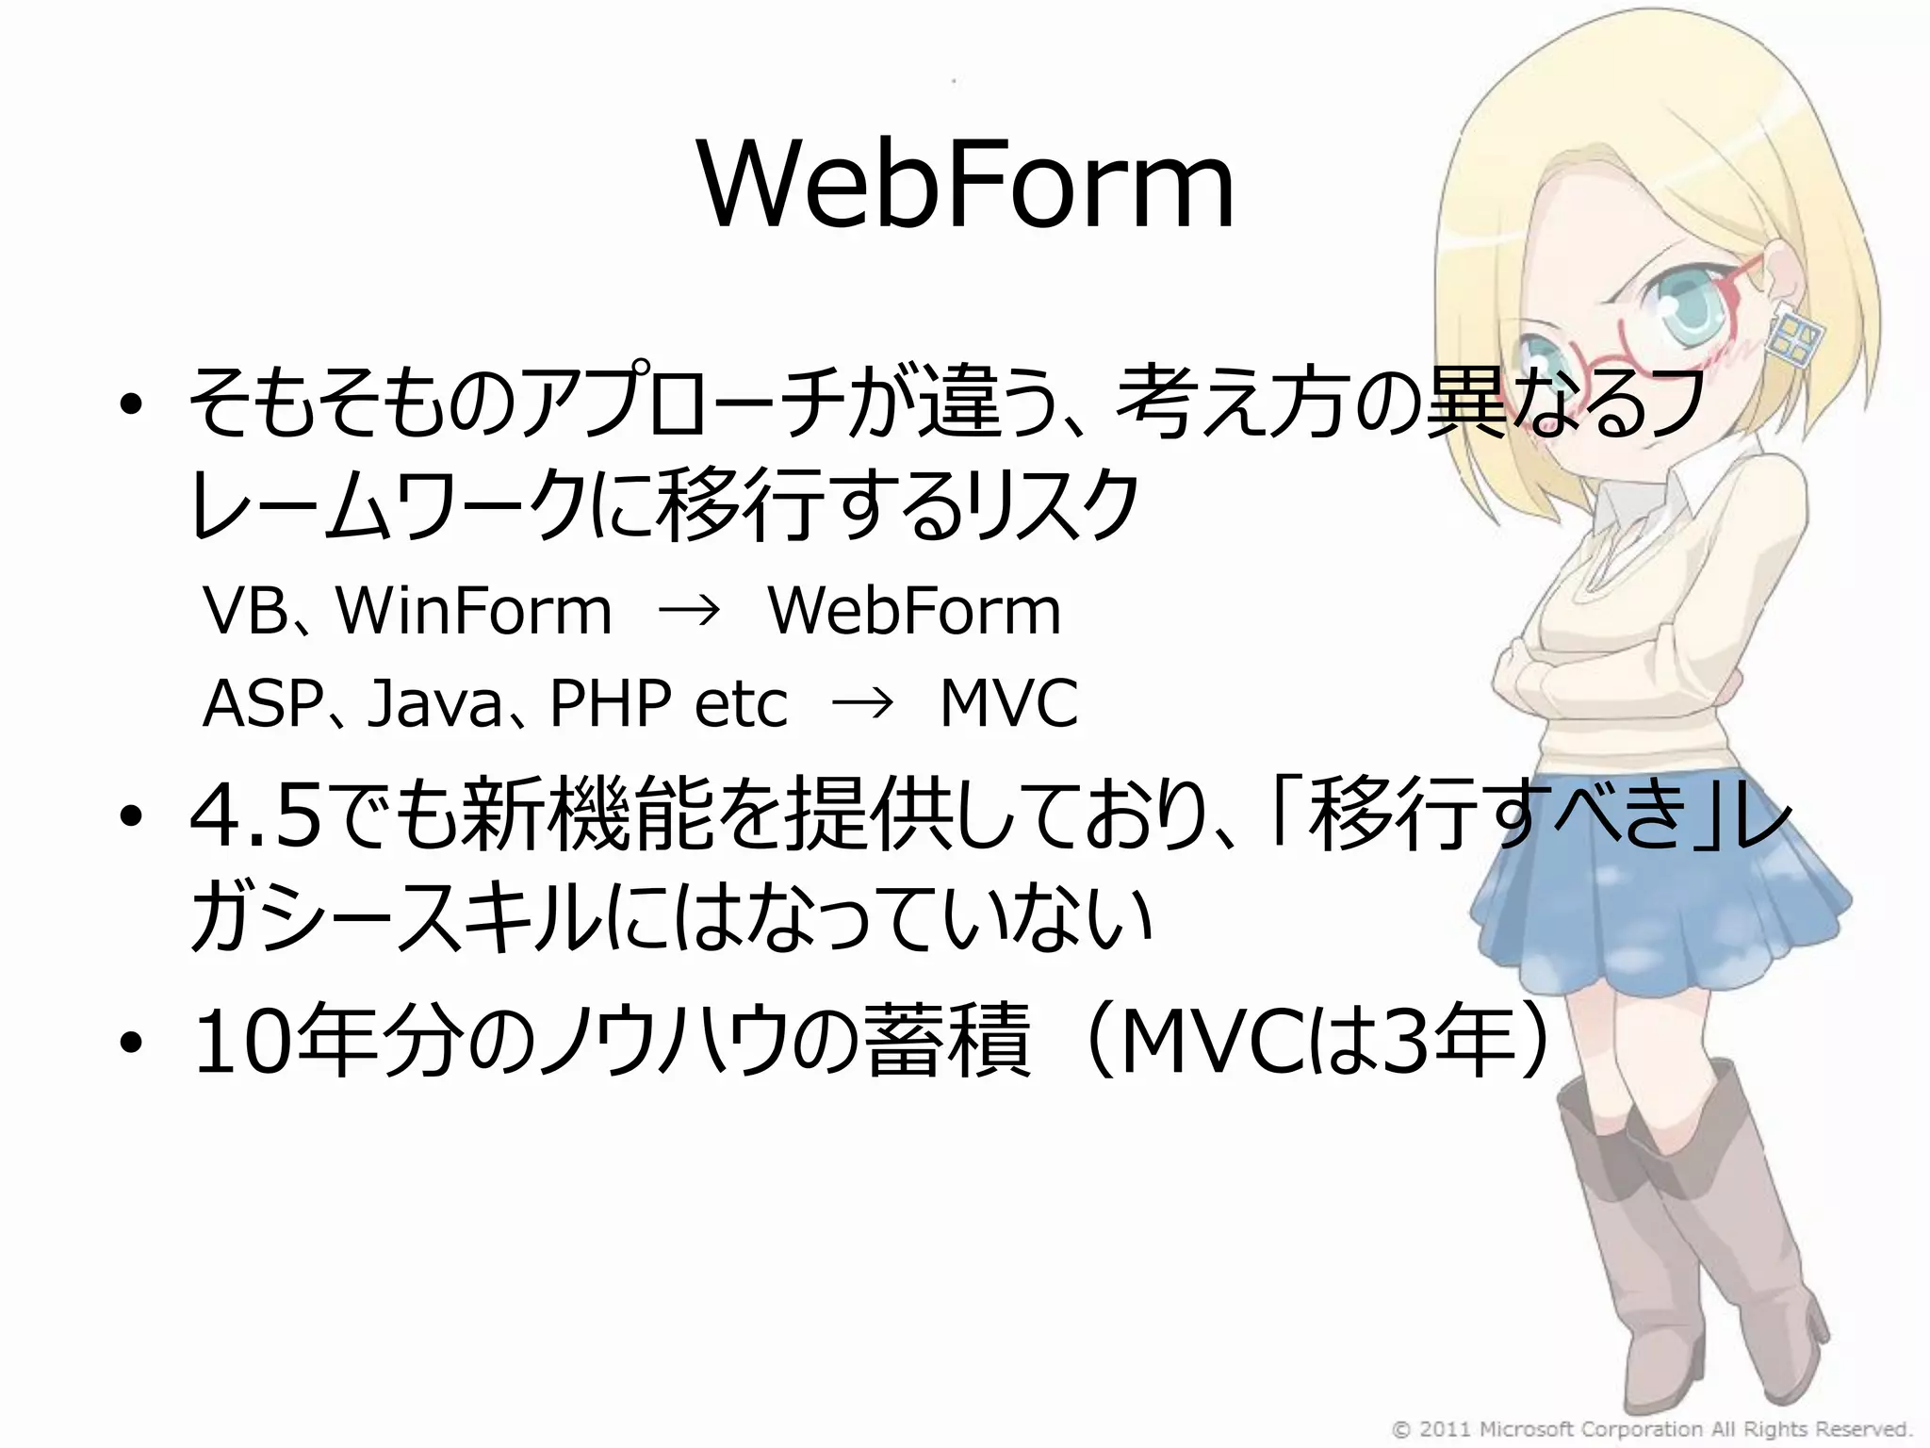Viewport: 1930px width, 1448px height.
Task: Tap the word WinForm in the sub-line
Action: (474, 611)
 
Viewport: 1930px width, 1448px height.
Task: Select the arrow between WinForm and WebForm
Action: (689, 612)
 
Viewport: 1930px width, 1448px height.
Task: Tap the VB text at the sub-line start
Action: (244, 611)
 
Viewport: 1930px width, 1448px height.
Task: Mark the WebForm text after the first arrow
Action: (914, 611)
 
